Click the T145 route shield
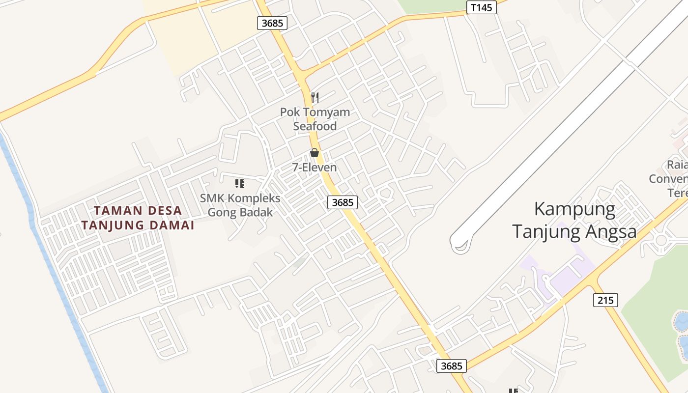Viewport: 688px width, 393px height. point(481,7)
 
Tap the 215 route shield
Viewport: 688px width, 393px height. point(605,300)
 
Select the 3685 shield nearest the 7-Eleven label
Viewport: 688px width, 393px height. point(342,202)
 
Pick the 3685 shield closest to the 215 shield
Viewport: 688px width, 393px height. point(451,365)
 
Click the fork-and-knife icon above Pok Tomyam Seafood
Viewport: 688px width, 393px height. point(315,97)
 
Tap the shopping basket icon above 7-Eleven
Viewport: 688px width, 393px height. point(315,153)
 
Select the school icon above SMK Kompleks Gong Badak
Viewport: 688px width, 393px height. point(240,184)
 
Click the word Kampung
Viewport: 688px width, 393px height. point(574,209)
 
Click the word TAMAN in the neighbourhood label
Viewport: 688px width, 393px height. point(113,211)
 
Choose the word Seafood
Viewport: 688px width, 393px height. point(315,126)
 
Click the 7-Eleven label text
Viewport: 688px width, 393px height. point(315,168)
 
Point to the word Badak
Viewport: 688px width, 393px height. point(257,213)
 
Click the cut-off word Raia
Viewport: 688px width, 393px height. point(677,165)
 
